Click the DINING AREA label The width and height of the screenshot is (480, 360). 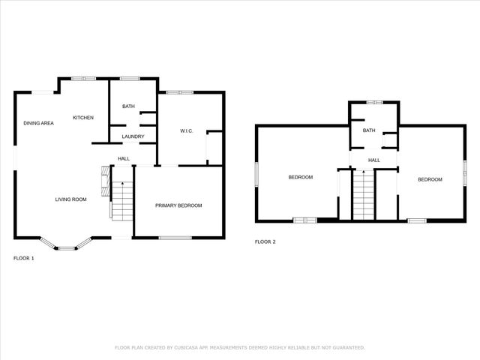click(x=38, y=123)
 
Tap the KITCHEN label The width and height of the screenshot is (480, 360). click(x=82, y=118)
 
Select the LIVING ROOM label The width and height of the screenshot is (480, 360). click(x=70, y=199)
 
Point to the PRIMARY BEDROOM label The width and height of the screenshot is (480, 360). click(x=178, y=205)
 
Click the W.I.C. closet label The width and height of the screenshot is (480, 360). click(x=187, y=131)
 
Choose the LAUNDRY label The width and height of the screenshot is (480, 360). click(x=133, y=136)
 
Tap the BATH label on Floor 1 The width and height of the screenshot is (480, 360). click(x=128, y=106)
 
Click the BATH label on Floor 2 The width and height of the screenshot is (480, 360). click(x=369, y=130)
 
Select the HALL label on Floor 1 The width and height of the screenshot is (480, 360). click(x=124, y=158)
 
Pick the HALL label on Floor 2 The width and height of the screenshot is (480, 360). click(x=373, y=160)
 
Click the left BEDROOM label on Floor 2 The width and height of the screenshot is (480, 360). click(x=301, y=177)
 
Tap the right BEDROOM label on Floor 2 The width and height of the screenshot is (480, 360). click(x=430, y=179)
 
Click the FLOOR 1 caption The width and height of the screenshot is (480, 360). click(x=24, y=258)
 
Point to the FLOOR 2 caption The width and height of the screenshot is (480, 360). click(x=265, y=241)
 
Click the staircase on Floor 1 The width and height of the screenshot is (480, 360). click(x=121, y=200)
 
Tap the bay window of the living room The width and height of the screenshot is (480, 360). click(x=65, y=244)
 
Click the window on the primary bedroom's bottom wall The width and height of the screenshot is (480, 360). click(x=175, y=238)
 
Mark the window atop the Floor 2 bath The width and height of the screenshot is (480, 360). click(x=374, y=100)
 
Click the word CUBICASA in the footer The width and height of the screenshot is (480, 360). click(x=182, y=347)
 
